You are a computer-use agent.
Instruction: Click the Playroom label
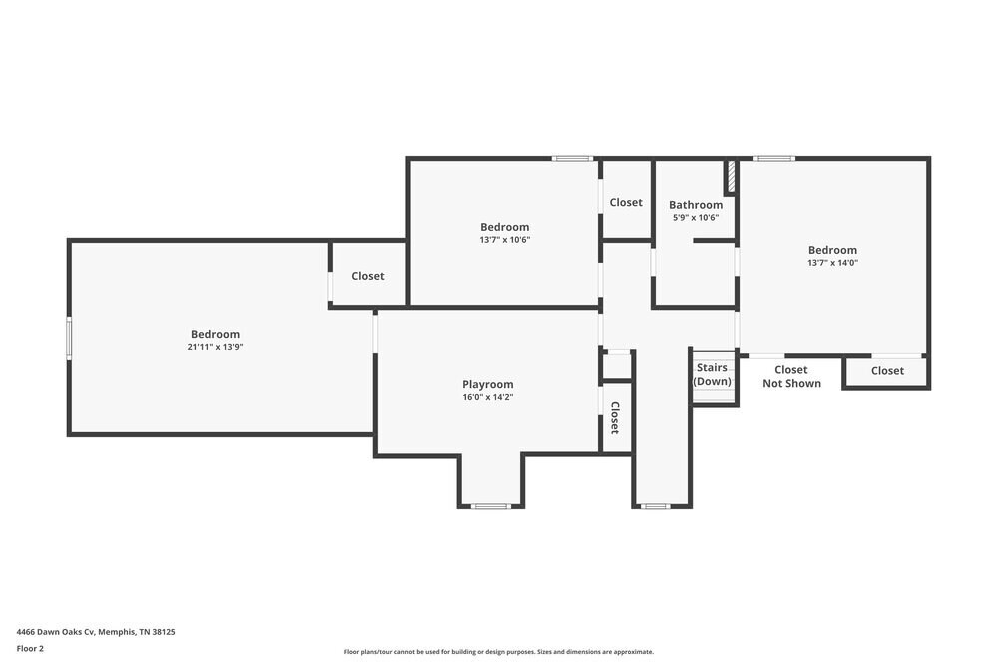[x=487, y=384]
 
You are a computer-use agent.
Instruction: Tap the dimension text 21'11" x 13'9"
[x=215, y=347]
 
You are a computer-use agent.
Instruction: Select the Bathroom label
[x=696, y=205]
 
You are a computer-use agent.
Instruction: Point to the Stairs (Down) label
[x=713, y=375]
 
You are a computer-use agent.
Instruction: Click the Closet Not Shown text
[x=791, y=376]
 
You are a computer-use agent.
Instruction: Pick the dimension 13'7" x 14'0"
[x=832, y=263]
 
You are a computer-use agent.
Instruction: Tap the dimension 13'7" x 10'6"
[x=504, y=239]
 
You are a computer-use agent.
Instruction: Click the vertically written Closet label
[x=615, y=417]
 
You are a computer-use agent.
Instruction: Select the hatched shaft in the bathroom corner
[x=731, y=176]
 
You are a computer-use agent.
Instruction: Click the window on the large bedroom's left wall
[x=69, y=337]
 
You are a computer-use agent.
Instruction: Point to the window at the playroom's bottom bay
[x=491, y=506]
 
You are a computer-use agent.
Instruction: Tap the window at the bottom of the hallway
[x=655, y=506]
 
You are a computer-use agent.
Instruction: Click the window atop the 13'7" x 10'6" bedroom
[x=573, y=158]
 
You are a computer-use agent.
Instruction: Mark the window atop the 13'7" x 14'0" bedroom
[x=773, y=158]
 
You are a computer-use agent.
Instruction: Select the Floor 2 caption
[x=30, y=648]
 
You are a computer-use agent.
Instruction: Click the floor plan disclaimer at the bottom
[x=499, y=652]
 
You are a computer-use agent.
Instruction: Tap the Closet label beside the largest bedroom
[x=367, y=276]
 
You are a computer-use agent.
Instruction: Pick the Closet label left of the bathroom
[x=626, y=202]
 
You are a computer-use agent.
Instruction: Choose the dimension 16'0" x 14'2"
[x=487, y=397]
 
